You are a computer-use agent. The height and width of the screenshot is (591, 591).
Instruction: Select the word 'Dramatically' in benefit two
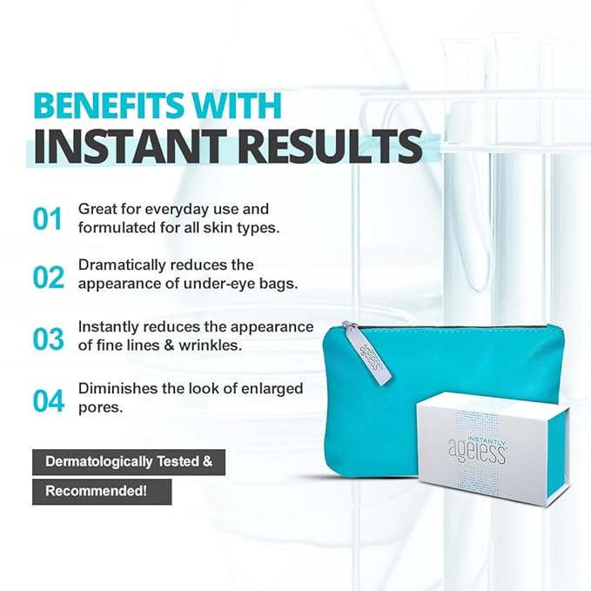(x=121, y=265)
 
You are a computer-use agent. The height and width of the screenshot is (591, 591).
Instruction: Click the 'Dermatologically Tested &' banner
(x=129, y=462)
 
